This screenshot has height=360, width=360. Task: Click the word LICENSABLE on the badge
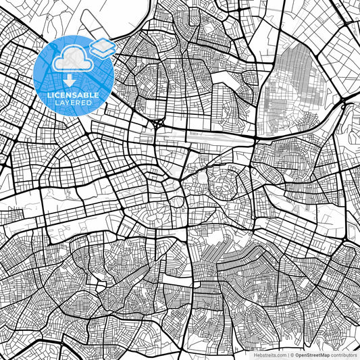click(73, 95)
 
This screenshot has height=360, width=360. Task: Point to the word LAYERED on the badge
click(73, 104)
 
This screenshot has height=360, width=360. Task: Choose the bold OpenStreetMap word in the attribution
click(313, 355)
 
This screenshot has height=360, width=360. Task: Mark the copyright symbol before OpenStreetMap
click(291, 355)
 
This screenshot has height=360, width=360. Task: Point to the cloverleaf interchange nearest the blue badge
click(158, 124)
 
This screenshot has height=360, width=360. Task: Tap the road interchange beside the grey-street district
click(344, 105)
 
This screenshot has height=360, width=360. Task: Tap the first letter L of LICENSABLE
click(49, 95)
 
